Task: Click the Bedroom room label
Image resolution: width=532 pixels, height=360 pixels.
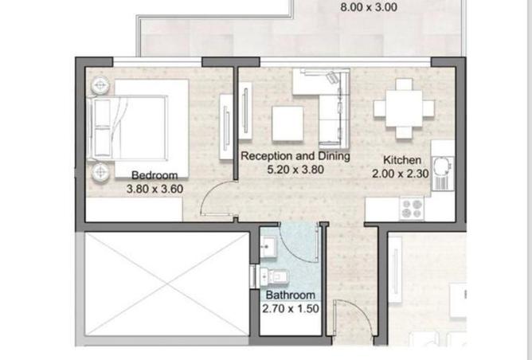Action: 155,175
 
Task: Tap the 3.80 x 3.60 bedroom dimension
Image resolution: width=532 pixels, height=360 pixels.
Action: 155,189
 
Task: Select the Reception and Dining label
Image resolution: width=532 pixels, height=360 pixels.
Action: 295,156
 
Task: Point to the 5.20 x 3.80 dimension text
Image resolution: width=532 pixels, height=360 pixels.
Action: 295,170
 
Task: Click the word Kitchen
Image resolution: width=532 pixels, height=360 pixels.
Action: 402,160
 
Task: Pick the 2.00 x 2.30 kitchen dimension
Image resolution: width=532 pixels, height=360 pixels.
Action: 401,174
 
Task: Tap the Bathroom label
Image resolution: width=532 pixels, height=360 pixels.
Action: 291,295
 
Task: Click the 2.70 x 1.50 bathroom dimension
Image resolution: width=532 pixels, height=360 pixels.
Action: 291,308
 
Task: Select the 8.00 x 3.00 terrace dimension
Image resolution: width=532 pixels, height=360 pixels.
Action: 369,7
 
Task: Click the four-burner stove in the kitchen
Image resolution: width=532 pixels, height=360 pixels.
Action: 412,209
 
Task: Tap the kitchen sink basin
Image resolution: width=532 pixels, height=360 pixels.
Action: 443,166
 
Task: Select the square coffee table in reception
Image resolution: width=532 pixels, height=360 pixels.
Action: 288,123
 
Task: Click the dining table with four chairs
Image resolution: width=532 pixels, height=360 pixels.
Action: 404,108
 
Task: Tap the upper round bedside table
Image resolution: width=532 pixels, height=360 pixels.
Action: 100,85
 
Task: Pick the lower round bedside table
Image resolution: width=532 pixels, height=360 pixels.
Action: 100,172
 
